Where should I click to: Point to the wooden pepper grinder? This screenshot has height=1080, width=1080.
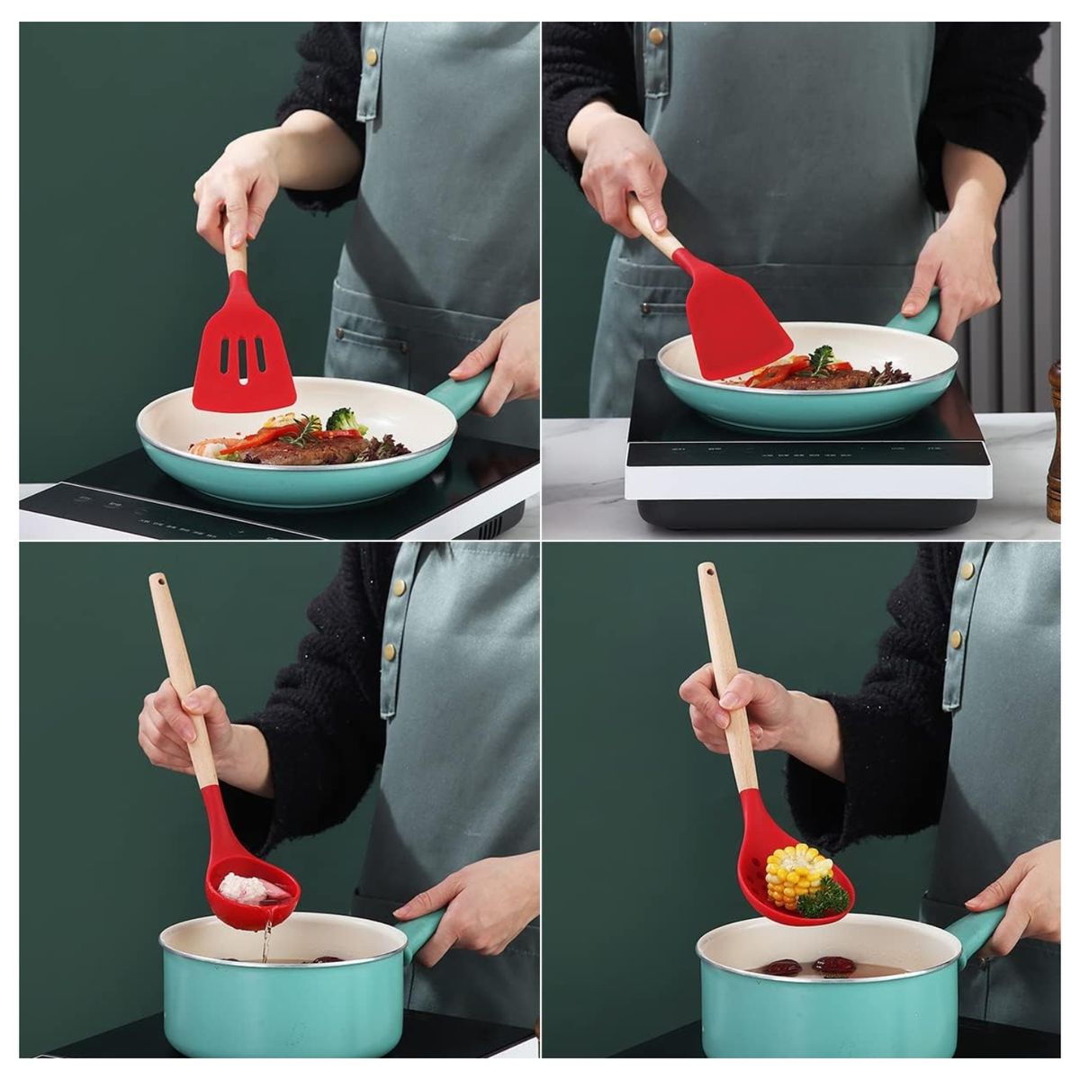[x=1054, y=441]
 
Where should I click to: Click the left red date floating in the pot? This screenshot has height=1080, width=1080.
[x=782, y=967]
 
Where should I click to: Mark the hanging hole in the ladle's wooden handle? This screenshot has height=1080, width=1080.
[x=158, y=583]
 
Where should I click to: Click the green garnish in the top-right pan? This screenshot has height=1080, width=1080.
[x=821, y=359]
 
